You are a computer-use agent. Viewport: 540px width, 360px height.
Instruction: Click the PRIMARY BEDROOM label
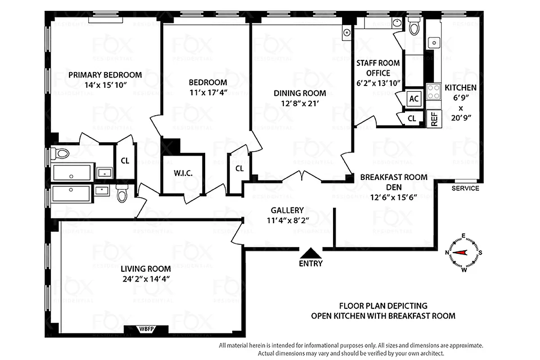pyautogui.click(x=105, y=75)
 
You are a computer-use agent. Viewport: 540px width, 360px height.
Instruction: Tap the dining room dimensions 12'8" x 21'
pyautogui.click(x=300, y=103)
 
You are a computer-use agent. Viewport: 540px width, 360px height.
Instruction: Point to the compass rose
pyautogui.click(x=463, y=252)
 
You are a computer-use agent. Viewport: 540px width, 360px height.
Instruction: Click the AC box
pyautogui.click(x=414, y=99)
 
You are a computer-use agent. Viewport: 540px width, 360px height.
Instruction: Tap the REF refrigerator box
pyautogui.click(x=434, y=119)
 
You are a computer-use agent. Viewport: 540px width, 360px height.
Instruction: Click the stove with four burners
pyautogui.click(x=433, y=92)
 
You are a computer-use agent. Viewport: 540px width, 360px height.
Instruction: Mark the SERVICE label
pyautogui.click(x=465, y=188)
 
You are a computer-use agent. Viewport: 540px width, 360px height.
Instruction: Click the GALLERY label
pyautogui.click(x=287, y=210)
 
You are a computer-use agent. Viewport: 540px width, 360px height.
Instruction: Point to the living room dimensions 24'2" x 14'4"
pyautogui.click(x=145, y=279)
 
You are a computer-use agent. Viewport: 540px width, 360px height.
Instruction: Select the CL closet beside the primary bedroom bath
pyautogui.click(x=125, y=161)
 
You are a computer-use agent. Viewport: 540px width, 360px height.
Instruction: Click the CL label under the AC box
pyautogui.click(x=412, y=118)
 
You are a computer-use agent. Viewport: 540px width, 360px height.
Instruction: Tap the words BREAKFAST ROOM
pyautogui.click(x=394, y=177)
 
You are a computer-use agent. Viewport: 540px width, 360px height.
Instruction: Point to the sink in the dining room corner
pyautogui.click(x=346, y=32)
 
